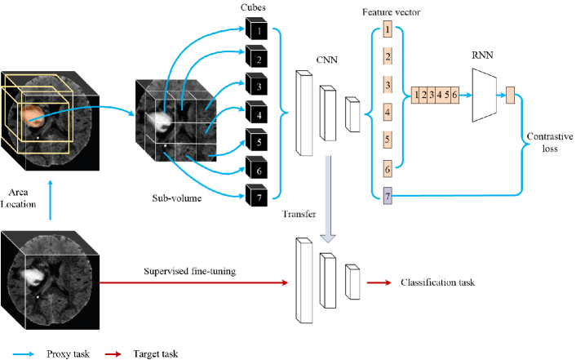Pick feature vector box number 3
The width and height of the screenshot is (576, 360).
388,84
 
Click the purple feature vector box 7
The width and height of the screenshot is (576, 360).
388,196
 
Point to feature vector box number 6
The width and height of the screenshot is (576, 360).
388,167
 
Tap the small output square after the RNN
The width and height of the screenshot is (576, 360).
510,96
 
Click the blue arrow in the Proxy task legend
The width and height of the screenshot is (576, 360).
22,353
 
